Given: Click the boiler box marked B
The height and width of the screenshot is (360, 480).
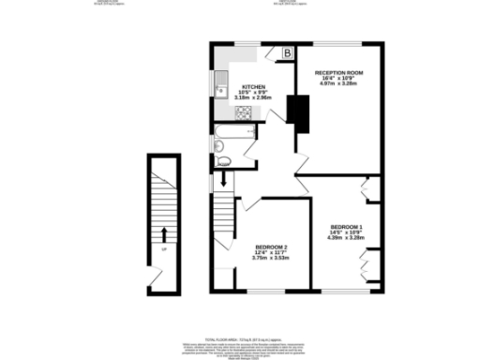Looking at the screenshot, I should pos(287,53).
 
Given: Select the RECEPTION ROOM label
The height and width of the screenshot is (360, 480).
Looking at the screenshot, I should pos(338,72).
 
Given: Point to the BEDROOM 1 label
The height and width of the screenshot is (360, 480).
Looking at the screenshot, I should pos(345,227).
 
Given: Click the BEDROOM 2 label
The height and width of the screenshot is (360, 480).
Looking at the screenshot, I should pos(270,247).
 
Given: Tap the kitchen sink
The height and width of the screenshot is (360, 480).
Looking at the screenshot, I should pos(221,91).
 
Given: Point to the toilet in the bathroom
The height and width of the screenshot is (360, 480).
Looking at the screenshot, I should pos(224,161).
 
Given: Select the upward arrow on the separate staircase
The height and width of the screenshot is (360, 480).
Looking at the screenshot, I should pos(165,232).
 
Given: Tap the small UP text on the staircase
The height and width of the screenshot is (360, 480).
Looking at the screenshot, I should pos(163,249).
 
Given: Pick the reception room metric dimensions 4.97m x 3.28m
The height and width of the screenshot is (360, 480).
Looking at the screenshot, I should pos(338,83).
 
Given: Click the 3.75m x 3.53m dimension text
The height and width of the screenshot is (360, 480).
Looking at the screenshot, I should pos(270,258).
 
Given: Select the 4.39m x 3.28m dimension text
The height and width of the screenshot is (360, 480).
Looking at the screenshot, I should pos(345,238).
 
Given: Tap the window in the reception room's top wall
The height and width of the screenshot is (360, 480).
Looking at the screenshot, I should pos(339,43).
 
